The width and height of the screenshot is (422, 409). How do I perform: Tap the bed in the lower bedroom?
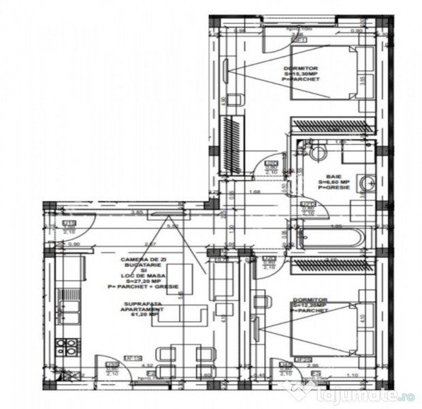tap(334, 329)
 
